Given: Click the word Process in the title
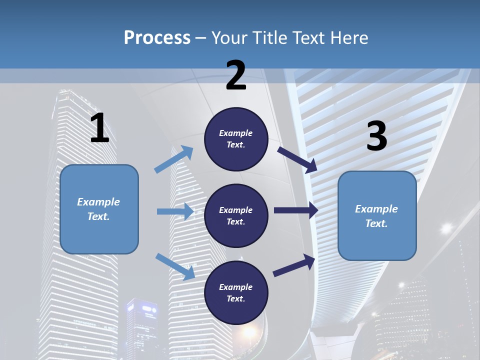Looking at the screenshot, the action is pyautogui.click(x=157, y=38).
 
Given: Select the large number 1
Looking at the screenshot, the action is pyautogui.click(x=99, y=128).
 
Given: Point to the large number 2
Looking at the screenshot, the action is pyautogui.click(x=236, y=76).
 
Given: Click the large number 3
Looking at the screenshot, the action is pyautogui.click(x=376, y=136).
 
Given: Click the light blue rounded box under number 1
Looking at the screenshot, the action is pyautogui.click(x=99, y=209).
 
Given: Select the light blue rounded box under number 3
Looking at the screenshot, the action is pyautogui.click(x=377, y=215).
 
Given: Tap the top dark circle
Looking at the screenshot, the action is pyautogui.click(x=236, y=139).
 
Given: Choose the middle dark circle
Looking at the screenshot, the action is pyautogui.click(x=236, y=215).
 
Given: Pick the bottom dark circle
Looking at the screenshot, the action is pyautogui.click(x=236, y=292).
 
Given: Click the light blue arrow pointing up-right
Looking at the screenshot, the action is pyautogui.click(x=174, y=159).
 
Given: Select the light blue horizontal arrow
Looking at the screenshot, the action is pyautogui.click(x=175, y=211).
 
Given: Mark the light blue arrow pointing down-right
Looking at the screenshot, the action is pyautogui.click(x=175, y=265).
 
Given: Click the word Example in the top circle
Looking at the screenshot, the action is pyautogui.click(x=236, y=133).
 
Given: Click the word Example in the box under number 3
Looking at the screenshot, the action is pyautogui.click(x=376, y=209).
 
